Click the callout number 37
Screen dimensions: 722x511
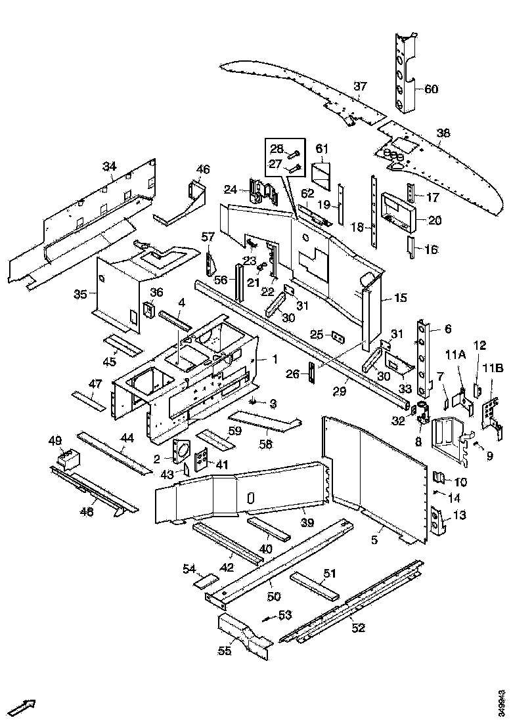click(x=360, y=86)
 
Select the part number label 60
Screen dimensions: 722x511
click(x=431, y=89)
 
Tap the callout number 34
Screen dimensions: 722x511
click(x=108, y=166)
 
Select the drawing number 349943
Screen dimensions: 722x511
click(x=502, y=700)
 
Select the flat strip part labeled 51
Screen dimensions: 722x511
click(x=317, y=585)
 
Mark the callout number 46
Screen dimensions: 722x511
click(x=203, y=169)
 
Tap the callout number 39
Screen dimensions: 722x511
click(x=307, y=522)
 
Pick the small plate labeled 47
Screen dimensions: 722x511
click(x=87, y=399)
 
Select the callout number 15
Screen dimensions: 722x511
click(x=401, y=298)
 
